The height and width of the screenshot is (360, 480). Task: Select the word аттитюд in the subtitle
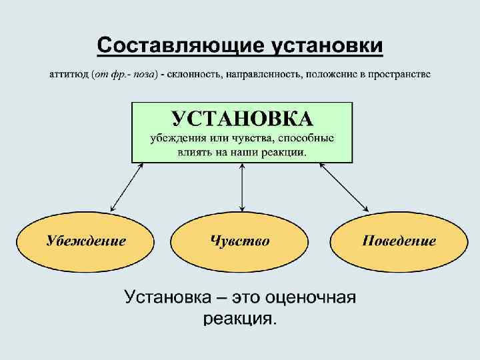(x=69, y=74)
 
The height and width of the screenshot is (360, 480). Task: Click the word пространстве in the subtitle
(x=399, y=74)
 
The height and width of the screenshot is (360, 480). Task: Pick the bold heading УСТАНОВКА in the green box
(x=242, y=119)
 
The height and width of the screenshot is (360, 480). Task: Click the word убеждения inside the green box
(x=175, y=139)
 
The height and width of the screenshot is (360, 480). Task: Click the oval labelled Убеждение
(x=85, y=241)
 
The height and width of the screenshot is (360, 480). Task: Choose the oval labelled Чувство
(x=240, y=241)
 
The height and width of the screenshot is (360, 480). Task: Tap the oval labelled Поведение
(x=399, y=241)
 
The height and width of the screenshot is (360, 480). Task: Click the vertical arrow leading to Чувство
(x=241, y=188)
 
